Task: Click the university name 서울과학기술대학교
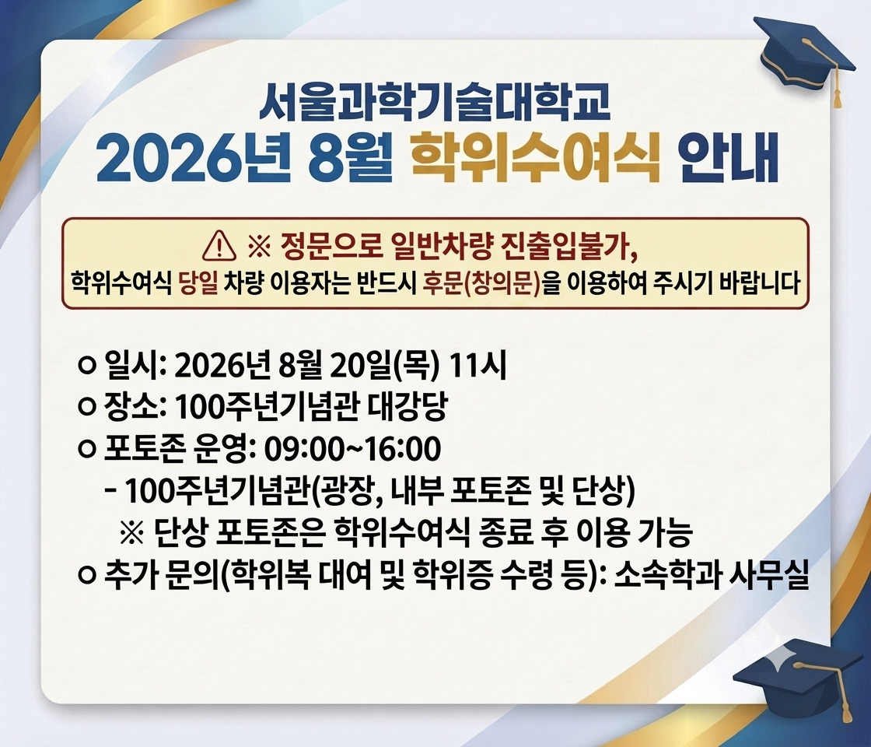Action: click(435, 102)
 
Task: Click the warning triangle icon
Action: click(219, 246)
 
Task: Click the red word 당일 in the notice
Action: click(198, 283)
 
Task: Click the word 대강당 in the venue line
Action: click(407, 408)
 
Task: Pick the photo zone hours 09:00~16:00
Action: click(352, 449)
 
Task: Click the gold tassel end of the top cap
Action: click(837, 99)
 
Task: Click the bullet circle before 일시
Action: click(86, 366)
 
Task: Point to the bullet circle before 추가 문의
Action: click(86, 575)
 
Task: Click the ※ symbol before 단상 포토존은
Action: click(131, 532)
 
